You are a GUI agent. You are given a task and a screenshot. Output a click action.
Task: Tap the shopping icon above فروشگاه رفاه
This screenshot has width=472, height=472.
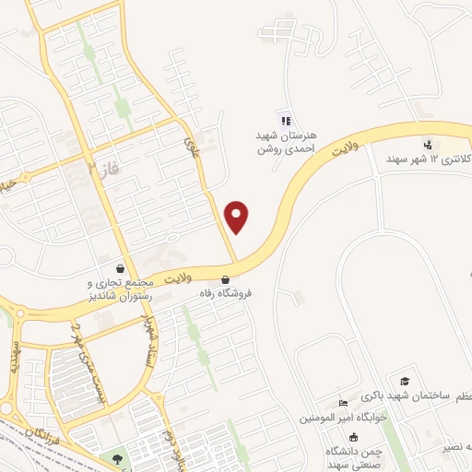pyautogui.click(x=225, y=278)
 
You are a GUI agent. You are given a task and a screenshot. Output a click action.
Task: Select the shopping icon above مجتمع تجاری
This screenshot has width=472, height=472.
pyautogui.click(x=124, y=267)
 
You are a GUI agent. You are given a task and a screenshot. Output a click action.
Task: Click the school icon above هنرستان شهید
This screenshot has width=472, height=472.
pyautogui.click(x=285, y=119)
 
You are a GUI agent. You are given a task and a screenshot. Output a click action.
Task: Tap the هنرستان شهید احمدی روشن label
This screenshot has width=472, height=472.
pyautogui.click(x=286, y=141)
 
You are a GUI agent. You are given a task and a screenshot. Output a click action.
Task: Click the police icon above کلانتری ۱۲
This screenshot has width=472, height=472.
pyautogui.click(x=427, y=144)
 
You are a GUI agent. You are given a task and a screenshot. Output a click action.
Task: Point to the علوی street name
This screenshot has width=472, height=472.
pyautogui.click(x=193, y=147)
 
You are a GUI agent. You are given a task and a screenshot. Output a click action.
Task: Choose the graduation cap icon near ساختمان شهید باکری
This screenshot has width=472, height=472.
pyautogui.click(x=404, y=381)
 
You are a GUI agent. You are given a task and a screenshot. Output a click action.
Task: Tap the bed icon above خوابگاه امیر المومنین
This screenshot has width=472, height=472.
pyautogui.click(x=343, y=403)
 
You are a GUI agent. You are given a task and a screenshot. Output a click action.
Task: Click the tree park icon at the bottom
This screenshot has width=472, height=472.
pyautogui.click(x=116, y=459)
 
